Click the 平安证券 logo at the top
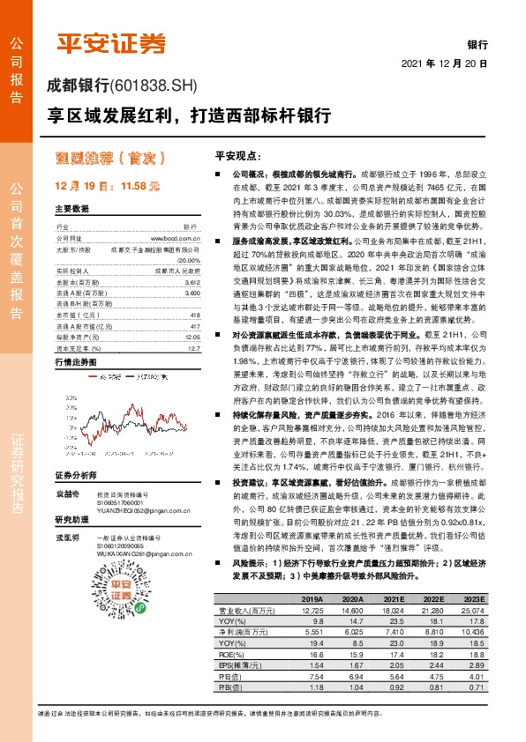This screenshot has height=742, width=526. click(x=111, y=42)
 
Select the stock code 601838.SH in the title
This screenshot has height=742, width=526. click(x=155, y=85)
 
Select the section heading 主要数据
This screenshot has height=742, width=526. click(x=72, y=209)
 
